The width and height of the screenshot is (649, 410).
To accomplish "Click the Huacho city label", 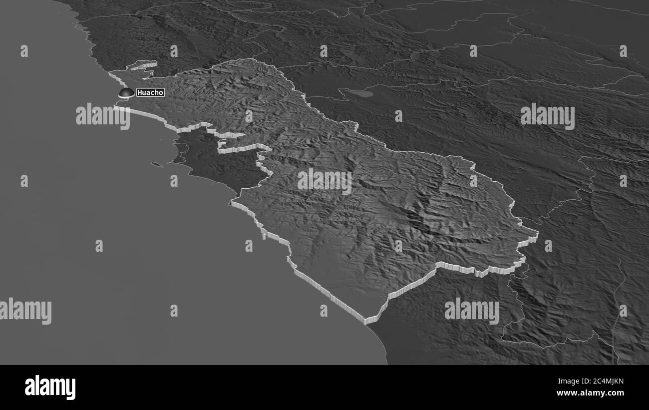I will (150, 92).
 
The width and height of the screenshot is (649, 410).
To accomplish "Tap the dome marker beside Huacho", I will (126, 92).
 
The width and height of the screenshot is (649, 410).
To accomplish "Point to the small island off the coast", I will (156, 164).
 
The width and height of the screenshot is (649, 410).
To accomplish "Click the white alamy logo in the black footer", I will (50, 388).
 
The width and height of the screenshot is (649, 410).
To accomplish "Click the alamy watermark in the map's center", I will (324, 181).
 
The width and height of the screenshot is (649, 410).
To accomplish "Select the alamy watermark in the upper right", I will (547, 116).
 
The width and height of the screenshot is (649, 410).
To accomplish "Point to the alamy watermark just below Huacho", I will (102, 116).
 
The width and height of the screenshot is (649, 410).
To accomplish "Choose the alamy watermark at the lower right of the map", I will (471, 311).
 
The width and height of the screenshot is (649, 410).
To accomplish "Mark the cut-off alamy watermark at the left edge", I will (25, 311).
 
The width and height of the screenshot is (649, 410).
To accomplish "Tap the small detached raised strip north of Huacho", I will (143, 65).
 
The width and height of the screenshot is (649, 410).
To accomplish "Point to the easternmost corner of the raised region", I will (537, 234).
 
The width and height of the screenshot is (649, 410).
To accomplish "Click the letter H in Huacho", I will (139, 92).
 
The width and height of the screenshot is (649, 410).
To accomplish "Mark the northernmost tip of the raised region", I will (250, 59).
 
